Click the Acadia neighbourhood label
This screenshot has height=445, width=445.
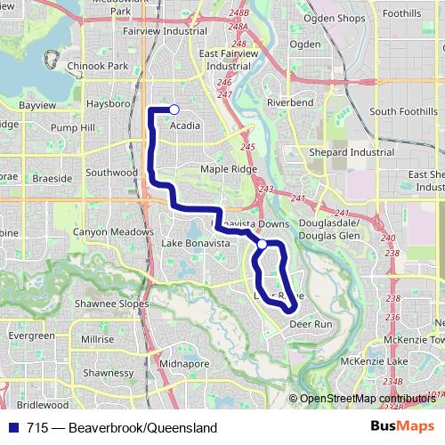(x=184, y=125)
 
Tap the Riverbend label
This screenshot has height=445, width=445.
(x=289, y=102)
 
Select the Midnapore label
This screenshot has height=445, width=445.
(x=185, y=364)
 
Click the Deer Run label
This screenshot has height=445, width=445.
(x=311, y=325)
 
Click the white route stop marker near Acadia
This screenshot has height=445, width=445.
(x=174, y=109)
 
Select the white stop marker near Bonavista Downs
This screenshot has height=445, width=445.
(x=262, y=243)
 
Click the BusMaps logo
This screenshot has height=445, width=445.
(x=401, y=426)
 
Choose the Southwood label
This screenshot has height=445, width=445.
(x=111, y=172)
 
